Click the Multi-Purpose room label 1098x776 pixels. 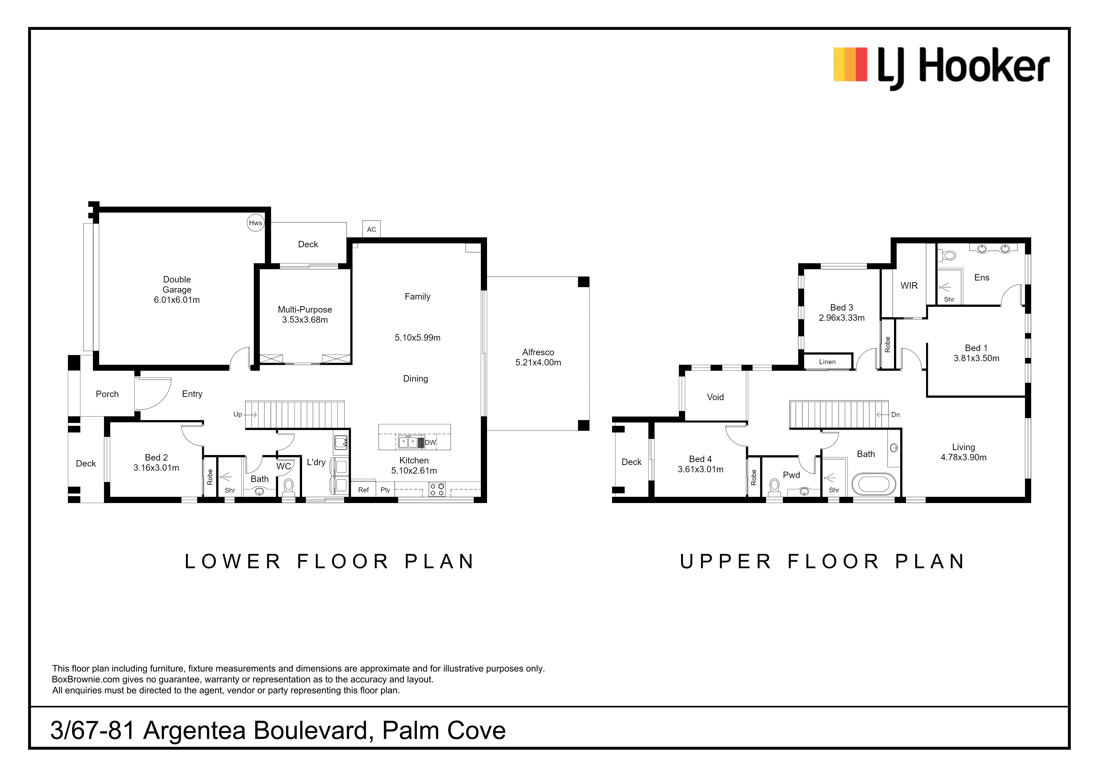(x=305, y=309)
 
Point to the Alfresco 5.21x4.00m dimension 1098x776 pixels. (x=538, y=362)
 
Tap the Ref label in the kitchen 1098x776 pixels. (x=363, y=490)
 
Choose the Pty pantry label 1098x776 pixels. (x=385, y=490)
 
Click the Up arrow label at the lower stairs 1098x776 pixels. (x=238, y=415)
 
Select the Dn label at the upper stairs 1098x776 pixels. (x=895, y=415)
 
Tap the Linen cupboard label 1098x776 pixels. (x=827, y=362)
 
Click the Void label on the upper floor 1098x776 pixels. (x=715, y=397)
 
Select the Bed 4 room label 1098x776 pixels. (x=700, y=459)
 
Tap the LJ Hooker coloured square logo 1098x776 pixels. (x=850, y=64)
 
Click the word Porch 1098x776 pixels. (x=107, y=394)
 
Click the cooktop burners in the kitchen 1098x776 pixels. (x=437, y=490)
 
